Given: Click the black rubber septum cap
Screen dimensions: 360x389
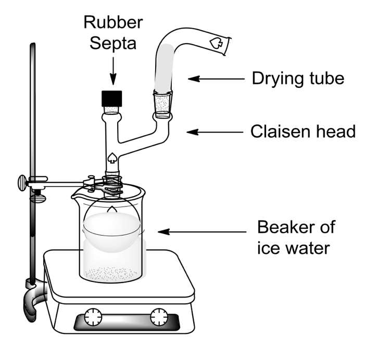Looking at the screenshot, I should pyautogui.click(x=111, y=98).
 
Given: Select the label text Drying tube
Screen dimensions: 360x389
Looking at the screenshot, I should pyautogui.click(x=298, y=79).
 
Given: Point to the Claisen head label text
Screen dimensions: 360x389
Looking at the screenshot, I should pyautogui.click(x=303, y=132).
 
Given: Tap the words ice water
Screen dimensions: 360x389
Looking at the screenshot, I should pyautogui.click(x=294, y=248).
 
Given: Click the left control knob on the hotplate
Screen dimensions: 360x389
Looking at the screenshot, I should pyautogui.click(x=94, y=317).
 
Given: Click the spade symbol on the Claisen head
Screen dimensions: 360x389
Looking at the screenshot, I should pyautogui.click(x=111, y=156).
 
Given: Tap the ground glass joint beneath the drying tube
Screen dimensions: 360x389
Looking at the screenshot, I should pyautogui.click(x=164, y=106).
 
